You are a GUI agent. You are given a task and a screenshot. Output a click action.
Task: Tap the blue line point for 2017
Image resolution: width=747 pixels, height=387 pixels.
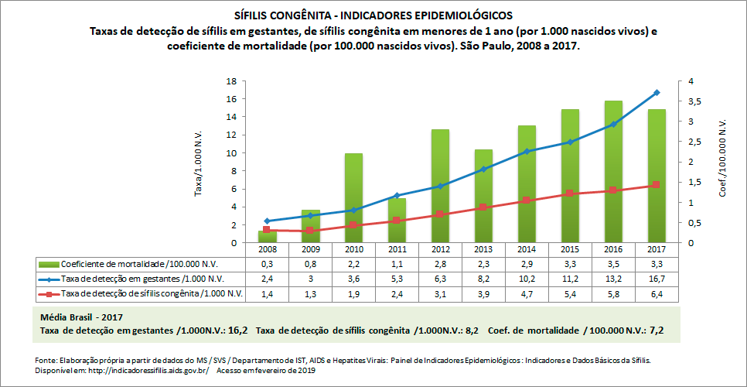coord(657,93)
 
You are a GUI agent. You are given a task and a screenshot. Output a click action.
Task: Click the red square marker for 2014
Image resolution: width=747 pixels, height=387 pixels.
coord(527,200)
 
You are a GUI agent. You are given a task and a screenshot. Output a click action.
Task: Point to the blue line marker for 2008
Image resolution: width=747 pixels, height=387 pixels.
coord(267,221)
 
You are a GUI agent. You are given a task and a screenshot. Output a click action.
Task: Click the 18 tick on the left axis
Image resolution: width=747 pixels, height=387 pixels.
coord(230,81)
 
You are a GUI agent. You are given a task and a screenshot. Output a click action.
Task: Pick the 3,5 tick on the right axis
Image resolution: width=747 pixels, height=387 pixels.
coord(685,101)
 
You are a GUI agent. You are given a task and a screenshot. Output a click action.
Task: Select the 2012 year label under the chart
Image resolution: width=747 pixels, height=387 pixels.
coord(440,250)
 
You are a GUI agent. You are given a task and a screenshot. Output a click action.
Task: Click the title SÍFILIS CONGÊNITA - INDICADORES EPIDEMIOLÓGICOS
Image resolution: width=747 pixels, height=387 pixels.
coord(373,15)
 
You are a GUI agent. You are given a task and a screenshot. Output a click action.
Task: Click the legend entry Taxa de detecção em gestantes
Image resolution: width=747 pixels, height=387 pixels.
coord(142,279)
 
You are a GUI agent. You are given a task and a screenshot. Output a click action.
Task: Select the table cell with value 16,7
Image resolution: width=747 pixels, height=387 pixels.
coord(657,279)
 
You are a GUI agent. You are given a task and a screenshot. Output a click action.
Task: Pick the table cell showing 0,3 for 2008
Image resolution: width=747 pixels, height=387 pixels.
coord(267,264)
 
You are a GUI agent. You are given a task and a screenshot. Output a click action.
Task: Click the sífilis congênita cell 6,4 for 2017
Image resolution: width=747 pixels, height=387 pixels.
coord(657,293)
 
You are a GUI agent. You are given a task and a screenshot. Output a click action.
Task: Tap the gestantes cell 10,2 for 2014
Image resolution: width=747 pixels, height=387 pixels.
coord(527,279)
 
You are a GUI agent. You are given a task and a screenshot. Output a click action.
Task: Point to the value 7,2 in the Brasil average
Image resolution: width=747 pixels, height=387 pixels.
coord(656,331)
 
